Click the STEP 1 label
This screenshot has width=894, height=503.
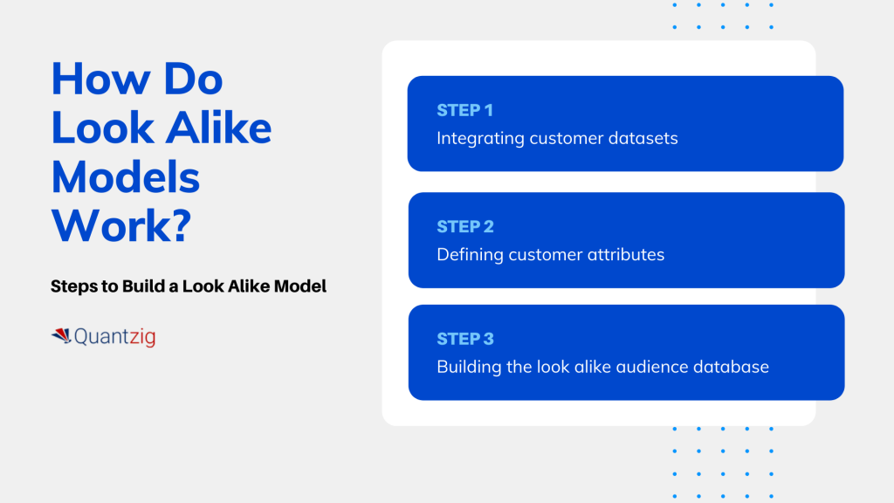click(464, 110)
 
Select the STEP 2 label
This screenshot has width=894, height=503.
click(465, 226)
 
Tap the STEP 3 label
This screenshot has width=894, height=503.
click(465, 339)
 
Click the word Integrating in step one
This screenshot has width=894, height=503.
click(480, 139)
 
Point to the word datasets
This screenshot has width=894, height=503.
click(643, 138)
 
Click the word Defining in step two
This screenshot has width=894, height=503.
click(470, 255)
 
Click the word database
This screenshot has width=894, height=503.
click(731, 367)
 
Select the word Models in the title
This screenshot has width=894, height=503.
click(126, 177)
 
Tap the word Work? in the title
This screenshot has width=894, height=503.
click(121, 226)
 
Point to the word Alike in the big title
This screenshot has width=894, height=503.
click(219, 127)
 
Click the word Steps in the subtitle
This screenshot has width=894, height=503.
click(74, 286)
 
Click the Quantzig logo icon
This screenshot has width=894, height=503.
click(61, 336)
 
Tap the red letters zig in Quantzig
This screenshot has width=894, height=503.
click(142, 337)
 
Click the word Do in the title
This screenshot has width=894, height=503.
click(193, 79)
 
